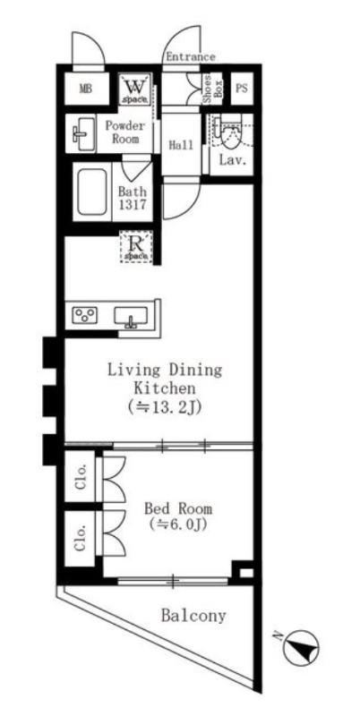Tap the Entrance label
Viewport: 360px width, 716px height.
191,57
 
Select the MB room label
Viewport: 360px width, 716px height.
86,89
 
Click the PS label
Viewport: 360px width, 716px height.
241,88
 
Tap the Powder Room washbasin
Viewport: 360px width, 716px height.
82,133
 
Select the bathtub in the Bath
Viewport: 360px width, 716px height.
93,192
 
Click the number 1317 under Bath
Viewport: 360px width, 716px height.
133,204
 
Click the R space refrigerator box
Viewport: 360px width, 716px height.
136,247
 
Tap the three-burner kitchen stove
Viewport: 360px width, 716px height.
86,315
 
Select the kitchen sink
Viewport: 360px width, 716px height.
131,317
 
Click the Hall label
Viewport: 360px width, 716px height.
182,145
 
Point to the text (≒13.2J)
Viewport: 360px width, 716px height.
166,406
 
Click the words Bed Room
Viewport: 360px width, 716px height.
178,508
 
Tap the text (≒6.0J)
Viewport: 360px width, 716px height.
178,525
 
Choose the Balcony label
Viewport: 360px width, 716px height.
193,616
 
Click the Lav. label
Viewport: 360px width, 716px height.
233,160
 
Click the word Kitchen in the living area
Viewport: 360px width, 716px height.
165,388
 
